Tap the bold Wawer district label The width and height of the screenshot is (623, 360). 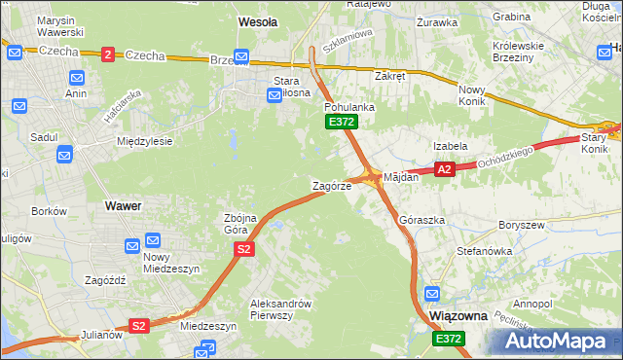click(123, 206)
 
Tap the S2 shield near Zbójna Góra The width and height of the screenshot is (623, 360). click(244, 250)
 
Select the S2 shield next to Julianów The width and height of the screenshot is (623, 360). click(139, 326)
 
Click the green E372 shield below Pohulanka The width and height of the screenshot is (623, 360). click(342, 122)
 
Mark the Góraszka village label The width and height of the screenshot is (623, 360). click(422, 220)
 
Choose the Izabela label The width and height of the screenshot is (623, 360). click(451, 146)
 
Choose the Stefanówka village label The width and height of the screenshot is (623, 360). click(484, 250)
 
